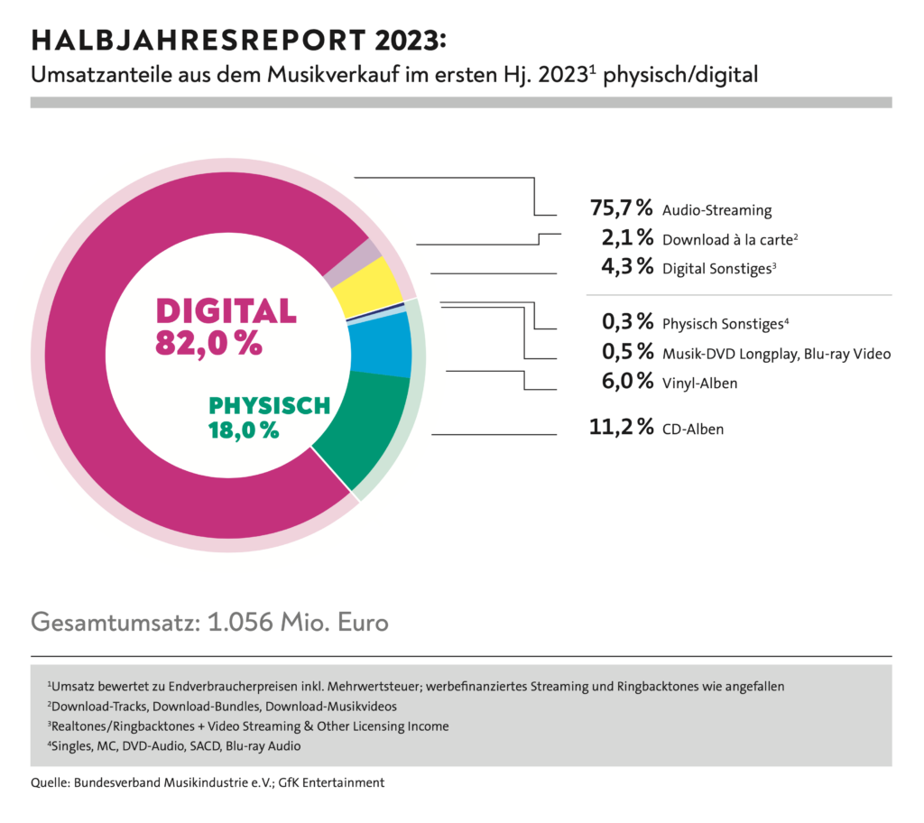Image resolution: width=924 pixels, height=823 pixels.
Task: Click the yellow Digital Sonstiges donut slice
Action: pyautogui.click(x=368, y=283)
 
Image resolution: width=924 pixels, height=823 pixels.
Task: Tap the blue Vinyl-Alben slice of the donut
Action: pyautogui.click(x=380, y=345)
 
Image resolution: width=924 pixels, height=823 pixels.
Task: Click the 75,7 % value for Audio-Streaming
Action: pyautogui.click(x=621, y=208)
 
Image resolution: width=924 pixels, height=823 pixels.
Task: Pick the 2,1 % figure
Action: pyautogui.click(x=626, y=238)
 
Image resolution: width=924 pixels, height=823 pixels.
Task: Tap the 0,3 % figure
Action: pyautogui.click(x=626, y=322)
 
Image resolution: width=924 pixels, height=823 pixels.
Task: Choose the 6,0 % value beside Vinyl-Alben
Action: pyautogui.click(x=626, y=382)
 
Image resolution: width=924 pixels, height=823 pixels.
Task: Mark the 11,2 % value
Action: pyautogui.click(x=621, y=428)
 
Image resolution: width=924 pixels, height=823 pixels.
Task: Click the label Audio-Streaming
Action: pyautogui.click(x=716, y=210)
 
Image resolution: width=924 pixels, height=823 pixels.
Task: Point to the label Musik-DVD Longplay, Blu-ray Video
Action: pyautogui.click(x=776, y=354)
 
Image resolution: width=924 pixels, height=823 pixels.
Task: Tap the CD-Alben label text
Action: pyautogui.click(x=693, y=430)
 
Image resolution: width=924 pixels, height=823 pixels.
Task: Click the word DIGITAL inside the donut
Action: pyautogui.click(x=226, y=311)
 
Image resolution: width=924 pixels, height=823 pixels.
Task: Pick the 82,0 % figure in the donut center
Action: pyautogui.click(x=209, y=344)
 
